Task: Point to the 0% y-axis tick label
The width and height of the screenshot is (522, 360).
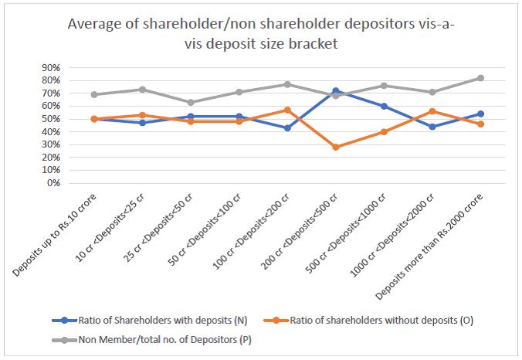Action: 53,184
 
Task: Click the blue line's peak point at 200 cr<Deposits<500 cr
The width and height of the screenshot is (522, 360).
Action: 335,91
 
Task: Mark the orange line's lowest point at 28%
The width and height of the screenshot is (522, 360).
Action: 335,147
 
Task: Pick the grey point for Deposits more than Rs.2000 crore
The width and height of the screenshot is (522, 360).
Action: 480,78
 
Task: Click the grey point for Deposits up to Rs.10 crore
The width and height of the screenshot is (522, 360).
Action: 93,94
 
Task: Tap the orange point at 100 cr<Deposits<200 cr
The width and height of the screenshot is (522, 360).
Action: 287,110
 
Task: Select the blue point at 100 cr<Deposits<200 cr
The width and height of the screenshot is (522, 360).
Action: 287,128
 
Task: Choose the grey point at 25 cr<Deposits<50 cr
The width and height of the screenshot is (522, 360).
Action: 190,102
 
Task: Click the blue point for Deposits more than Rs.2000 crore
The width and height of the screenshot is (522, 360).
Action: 480,114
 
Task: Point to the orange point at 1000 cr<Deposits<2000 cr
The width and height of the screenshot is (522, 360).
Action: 432,111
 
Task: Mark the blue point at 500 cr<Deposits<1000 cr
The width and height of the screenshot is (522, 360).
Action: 384,107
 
